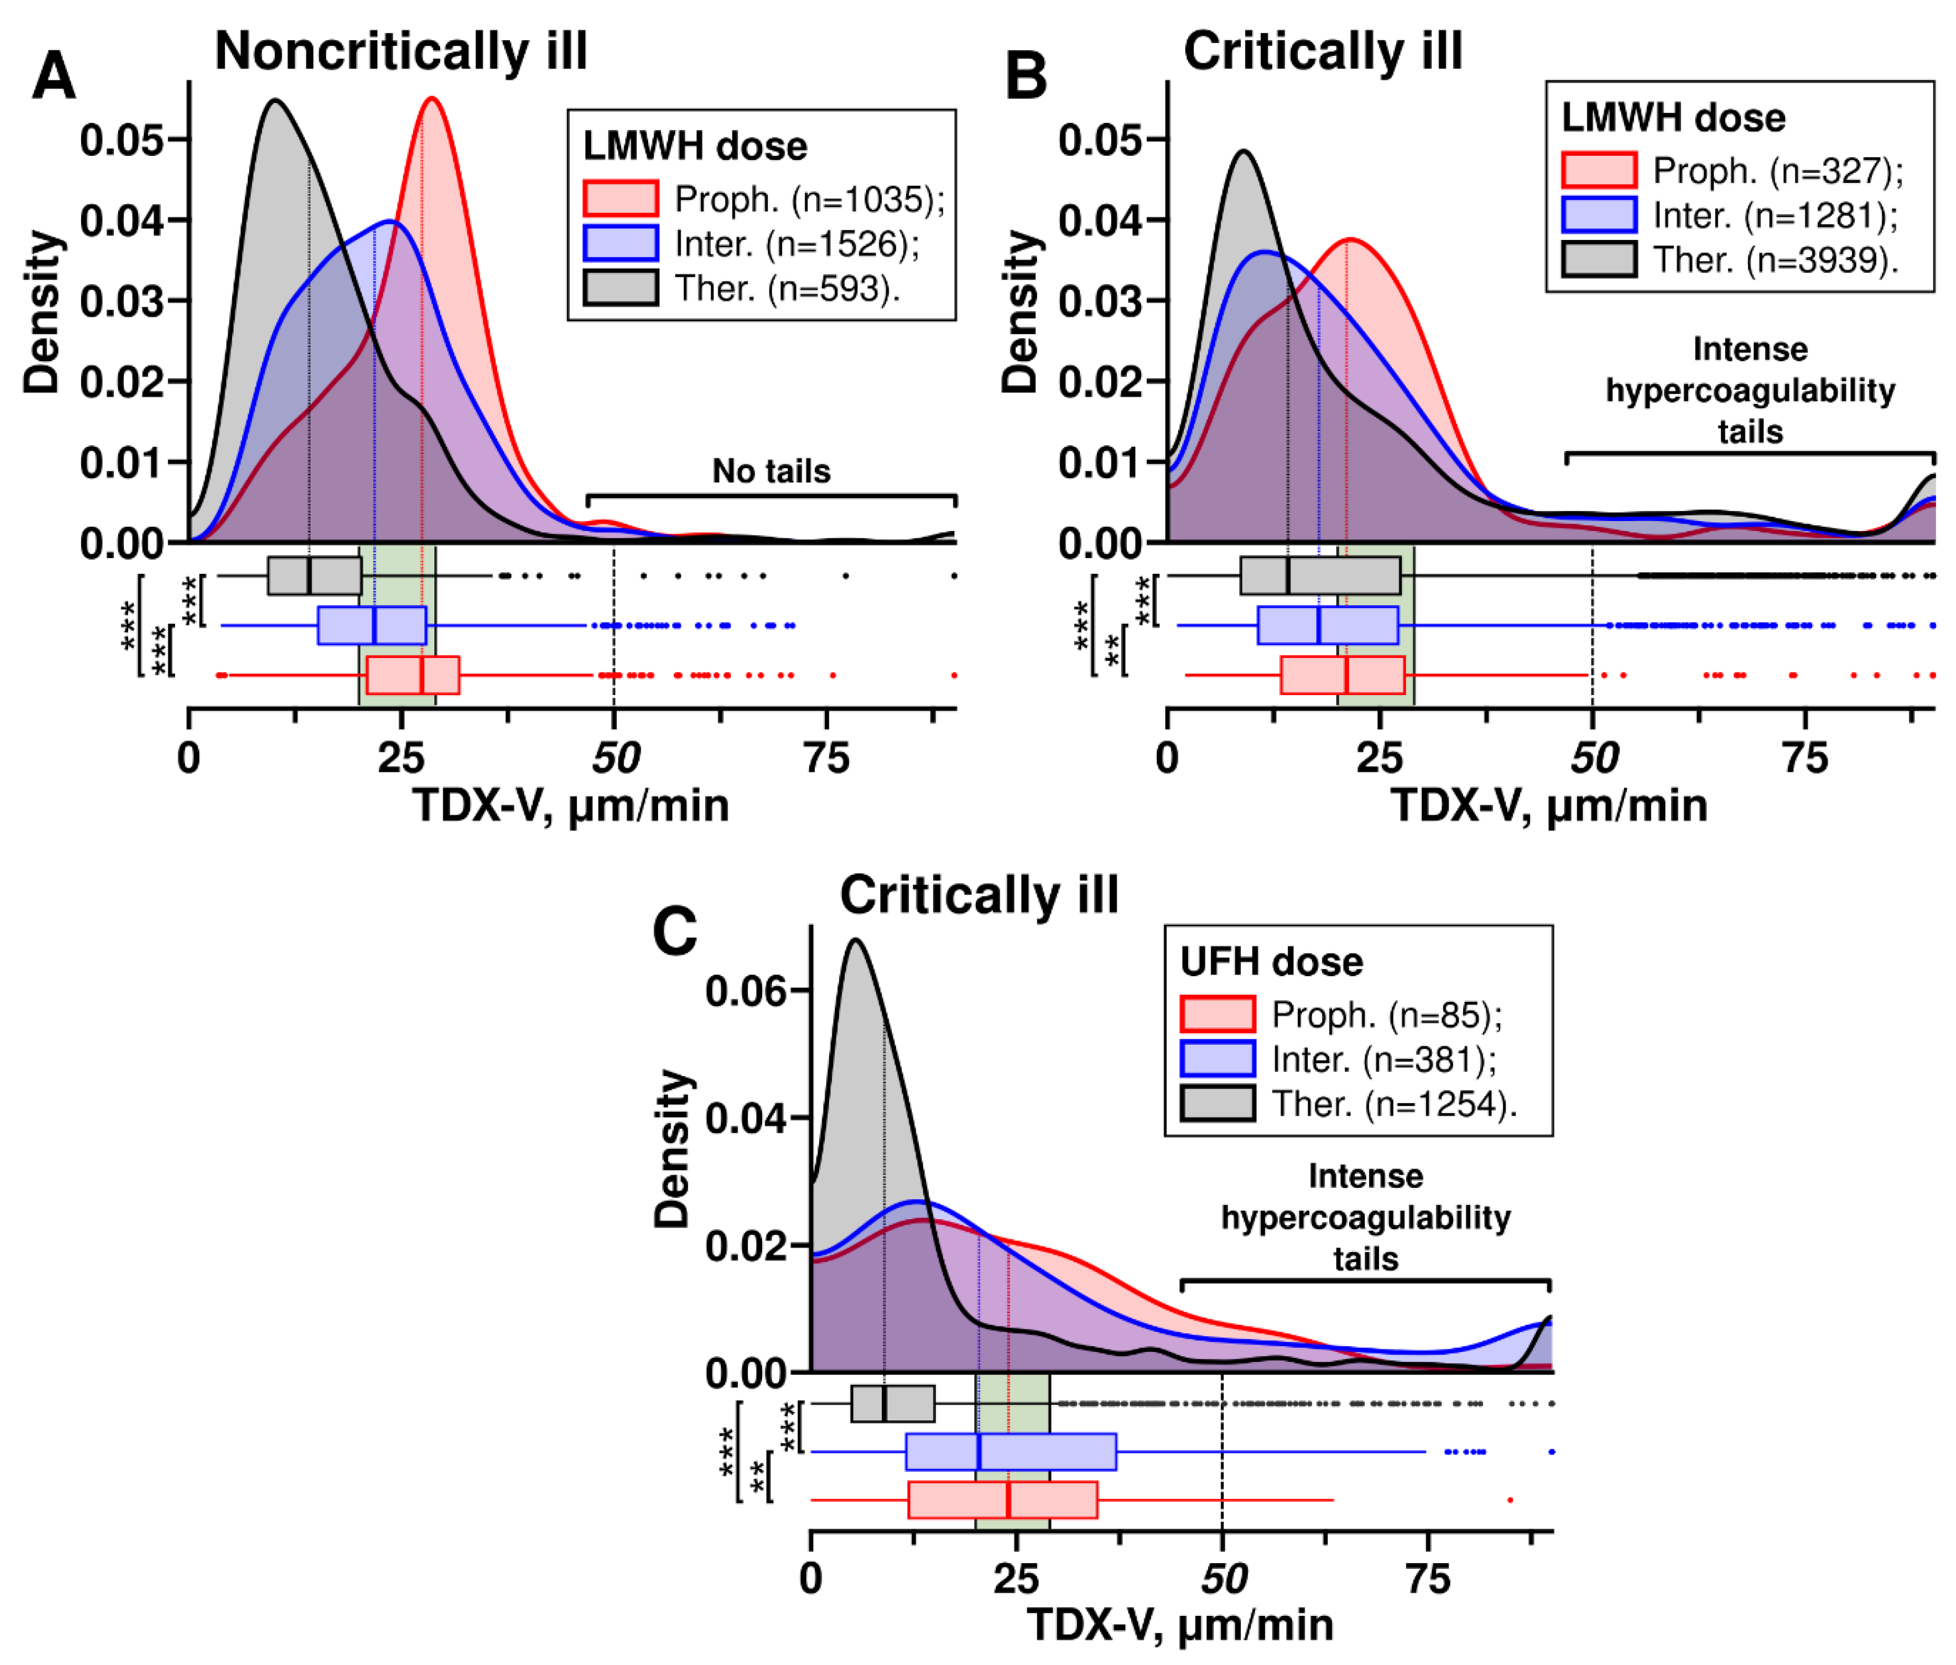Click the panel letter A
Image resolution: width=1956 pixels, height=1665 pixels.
click(54, 75)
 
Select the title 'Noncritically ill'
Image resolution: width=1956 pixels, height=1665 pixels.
click(401, 51)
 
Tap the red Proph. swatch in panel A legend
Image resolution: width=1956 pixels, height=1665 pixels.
click(620, 199)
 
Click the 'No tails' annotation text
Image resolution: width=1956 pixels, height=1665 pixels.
click(771, 471)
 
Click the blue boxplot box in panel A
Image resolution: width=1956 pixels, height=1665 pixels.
click(372, 626)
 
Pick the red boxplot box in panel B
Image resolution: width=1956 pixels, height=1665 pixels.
click(1342, 675)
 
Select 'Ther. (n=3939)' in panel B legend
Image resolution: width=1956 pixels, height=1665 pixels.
click(1775, 260)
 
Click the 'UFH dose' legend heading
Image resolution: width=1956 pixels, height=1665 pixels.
click(1272, 962)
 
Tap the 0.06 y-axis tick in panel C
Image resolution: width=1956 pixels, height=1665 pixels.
click(746, 990)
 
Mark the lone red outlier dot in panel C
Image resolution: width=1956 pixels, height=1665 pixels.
click(1511, 1500)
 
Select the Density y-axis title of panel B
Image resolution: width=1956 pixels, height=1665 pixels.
click(1019, 311)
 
